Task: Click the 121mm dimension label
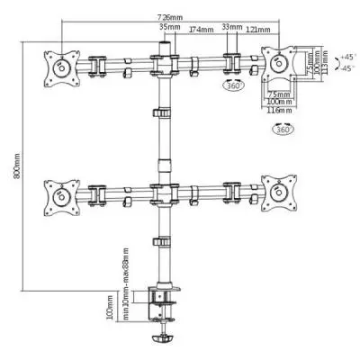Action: (254, 30)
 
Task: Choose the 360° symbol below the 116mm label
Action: (283, 130)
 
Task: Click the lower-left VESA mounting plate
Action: (63, 194)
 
